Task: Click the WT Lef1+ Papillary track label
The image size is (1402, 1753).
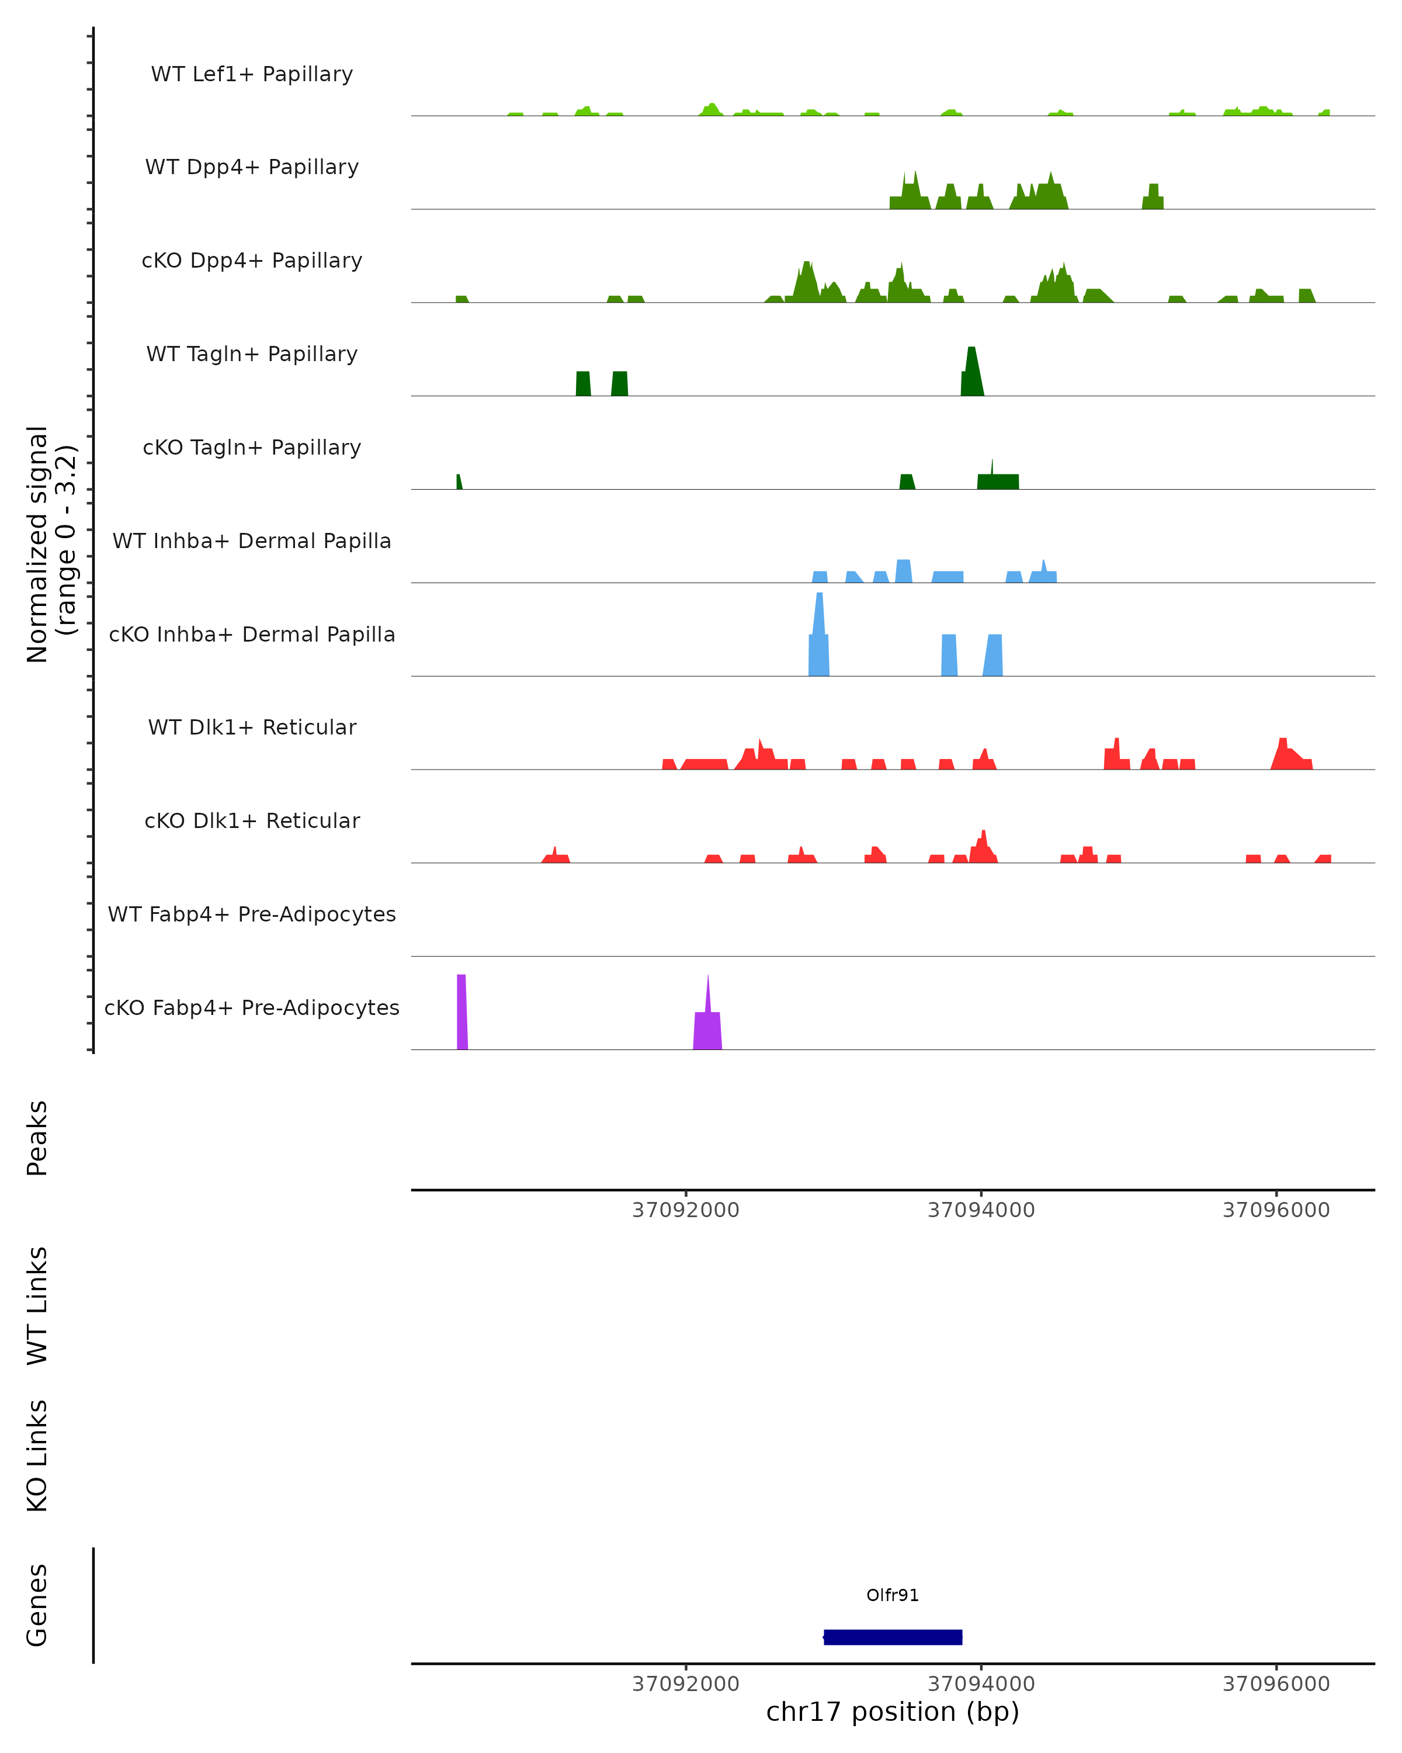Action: pos(252,75)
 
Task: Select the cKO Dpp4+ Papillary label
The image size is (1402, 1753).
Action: pos(252,261)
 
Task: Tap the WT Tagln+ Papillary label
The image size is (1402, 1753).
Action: pos(252,355)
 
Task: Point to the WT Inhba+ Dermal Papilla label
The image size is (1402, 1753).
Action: pos(252,542)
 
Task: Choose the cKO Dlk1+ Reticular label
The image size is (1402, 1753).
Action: pos(252,821)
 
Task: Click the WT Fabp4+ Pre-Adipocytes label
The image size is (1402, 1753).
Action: pos(252,914)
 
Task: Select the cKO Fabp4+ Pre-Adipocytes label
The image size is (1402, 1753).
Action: pos(252,1008)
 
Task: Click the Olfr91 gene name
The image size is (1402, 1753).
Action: pos(893,1595)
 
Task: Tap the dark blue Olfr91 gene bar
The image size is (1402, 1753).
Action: pos(893,1637)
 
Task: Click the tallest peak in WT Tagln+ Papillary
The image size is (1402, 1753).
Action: pos(971,366)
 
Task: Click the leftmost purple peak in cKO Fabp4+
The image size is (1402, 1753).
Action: pos(461,1008)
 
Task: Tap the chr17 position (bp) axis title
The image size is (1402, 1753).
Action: pos(893,1712)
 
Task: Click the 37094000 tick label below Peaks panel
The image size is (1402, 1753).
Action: pos(981,1210)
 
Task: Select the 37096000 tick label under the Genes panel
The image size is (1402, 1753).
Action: pos(1276,1683)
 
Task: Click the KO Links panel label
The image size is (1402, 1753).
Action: pos(37,1456)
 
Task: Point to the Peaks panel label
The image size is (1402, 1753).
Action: pos(37,1138)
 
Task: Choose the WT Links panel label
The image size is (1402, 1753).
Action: pos(37,1305)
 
